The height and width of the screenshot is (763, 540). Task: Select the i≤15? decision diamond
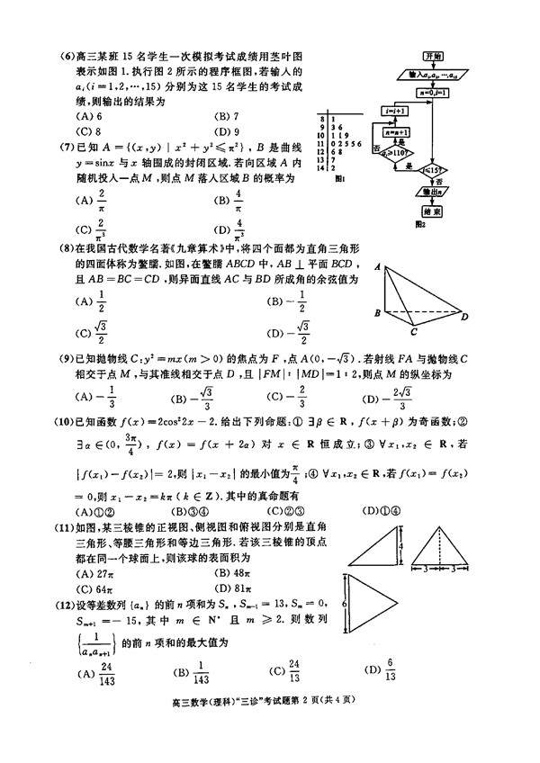[x=434, y=168]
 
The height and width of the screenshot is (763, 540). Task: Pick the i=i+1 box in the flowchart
[x=392, y=109]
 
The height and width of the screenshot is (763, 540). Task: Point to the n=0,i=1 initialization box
[x=434, y=91]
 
